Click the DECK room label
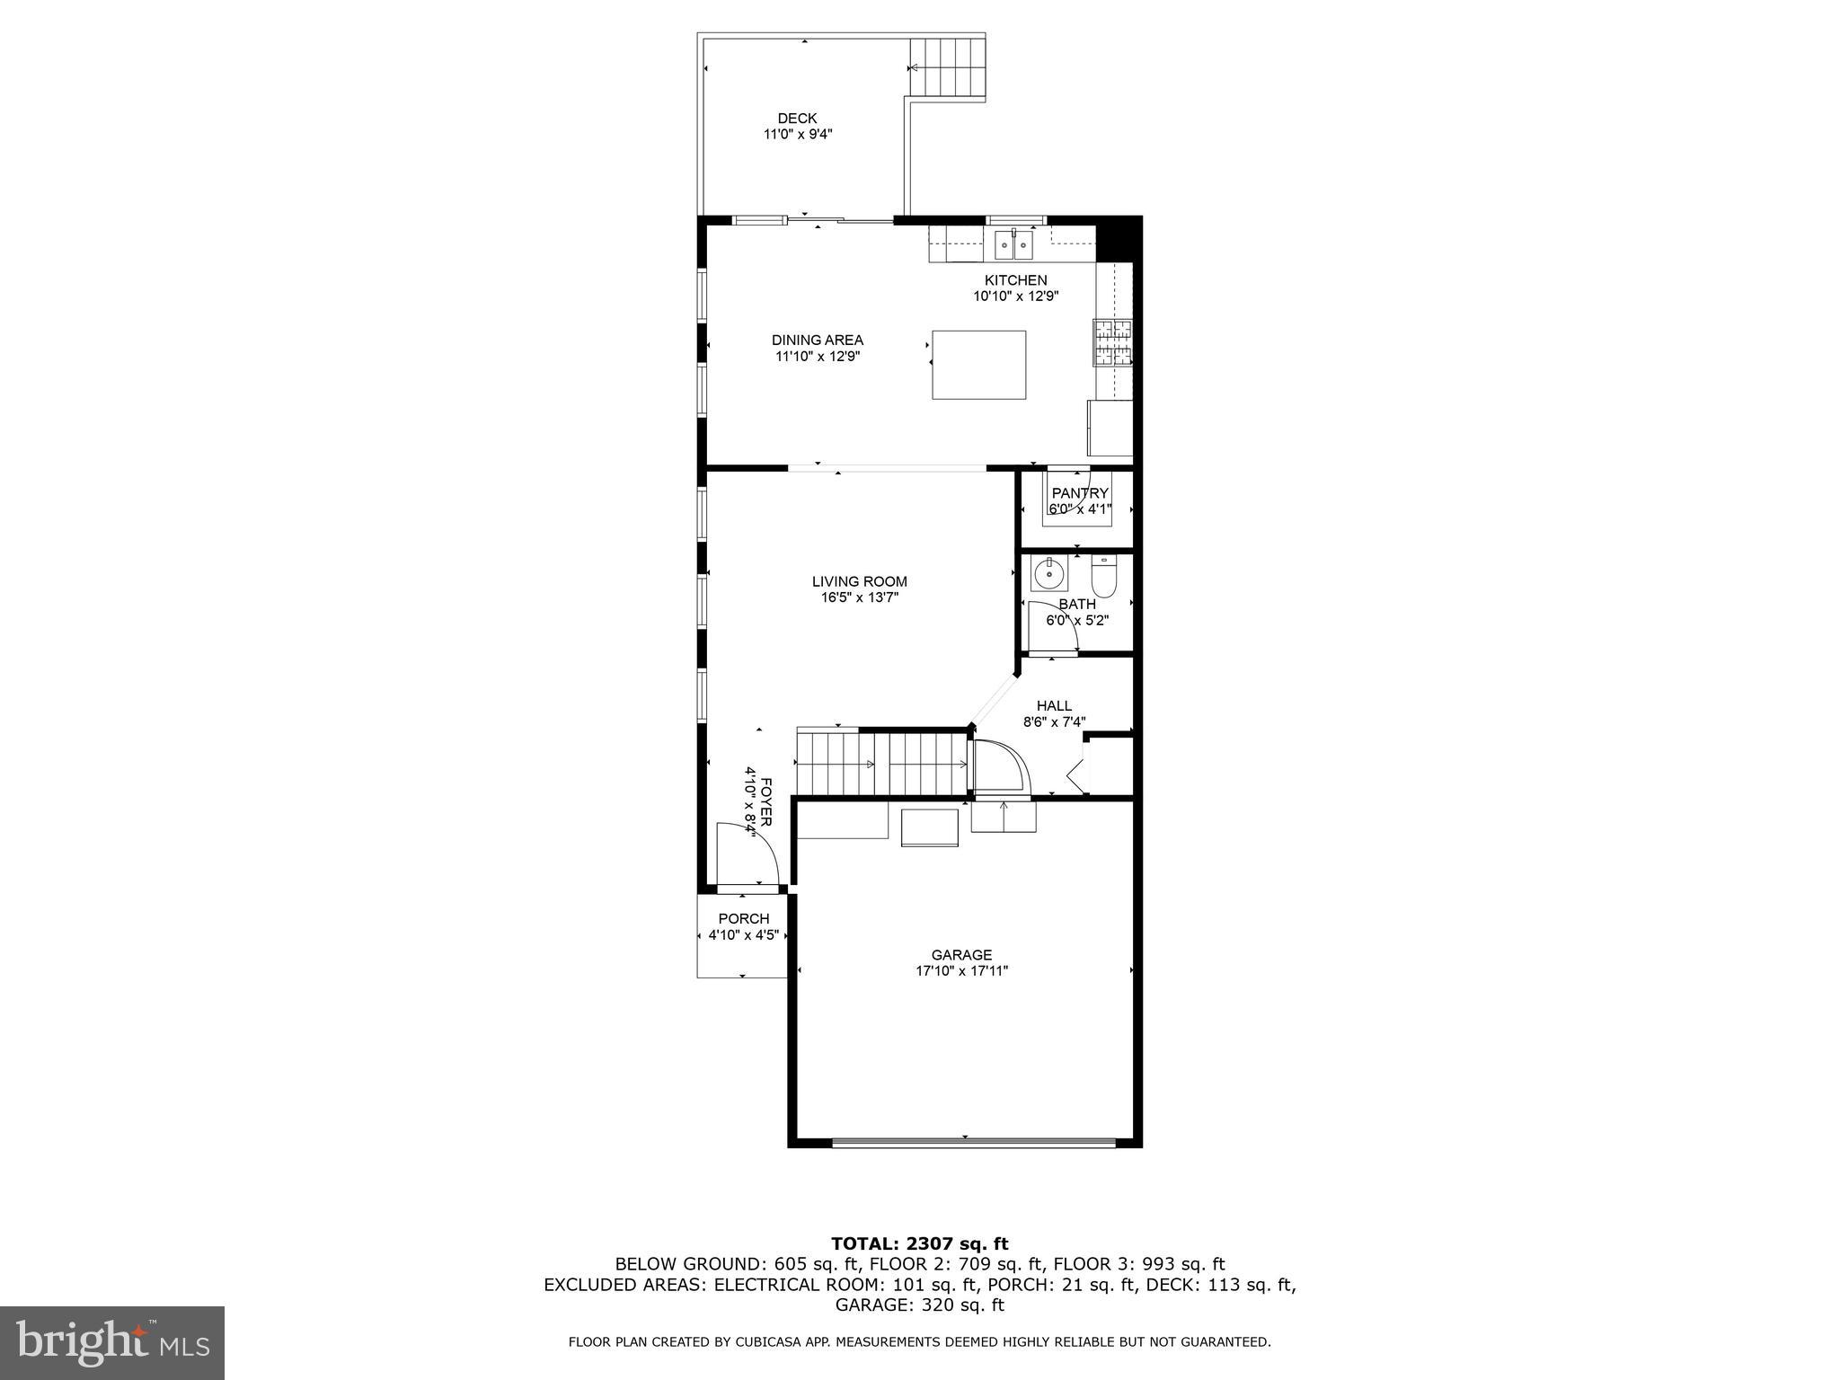[x=797, y=119]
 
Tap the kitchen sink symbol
[x=1014, y=244]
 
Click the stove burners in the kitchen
[x=1112, y=342]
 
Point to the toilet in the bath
[x=1103, y=575]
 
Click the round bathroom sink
[x=1049, y=572]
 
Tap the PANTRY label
[x=1080, y=493]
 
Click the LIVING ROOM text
[x=860, y=581]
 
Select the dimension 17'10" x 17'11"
[x=961, y=970]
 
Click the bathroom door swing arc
[x=1055, y=624]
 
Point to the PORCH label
[x=743, y=918]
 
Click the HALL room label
[x=1054, y=706]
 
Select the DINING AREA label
[x=817, y=340]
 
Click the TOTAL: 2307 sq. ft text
[x=919, y=1243]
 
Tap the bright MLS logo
[x=112, y=1342]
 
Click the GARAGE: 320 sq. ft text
[x=919, y=1305]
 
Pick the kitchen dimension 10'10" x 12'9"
[x=1015, y=296]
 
